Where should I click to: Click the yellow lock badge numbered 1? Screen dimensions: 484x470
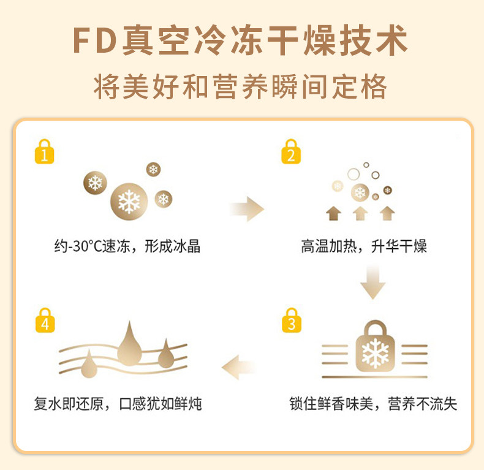click(44, 151)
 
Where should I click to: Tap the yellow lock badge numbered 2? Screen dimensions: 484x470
click(291, 151)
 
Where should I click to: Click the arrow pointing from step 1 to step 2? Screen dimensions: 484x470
click(248, 208)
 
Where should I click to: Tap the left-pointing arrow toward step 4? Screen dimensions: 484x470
click(239, 367)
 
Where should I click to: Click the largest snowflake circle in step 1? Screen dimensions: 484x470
click(129, 202)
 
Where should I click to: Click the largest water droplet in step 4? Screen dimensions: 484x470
click(129, 347)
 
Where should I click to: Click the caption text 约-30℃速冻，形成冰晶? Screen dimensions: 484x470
click(127, 247)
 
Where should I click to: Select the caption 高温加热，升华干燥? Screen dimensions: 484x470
click(364, 247)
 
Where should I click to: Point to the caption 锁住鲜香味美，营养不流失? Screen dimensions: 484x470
click(373, 404)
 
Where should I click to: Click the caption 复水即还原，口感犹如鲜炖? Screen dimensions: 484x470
click(118, 404)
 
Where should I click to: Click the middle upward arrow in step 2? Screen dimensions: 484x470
click(360, 213)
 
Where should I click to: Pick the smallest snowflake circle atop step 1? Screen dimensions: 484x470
click(153, 169)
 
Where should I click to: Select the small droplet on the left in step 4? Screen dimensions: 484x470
click(90, 363)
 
